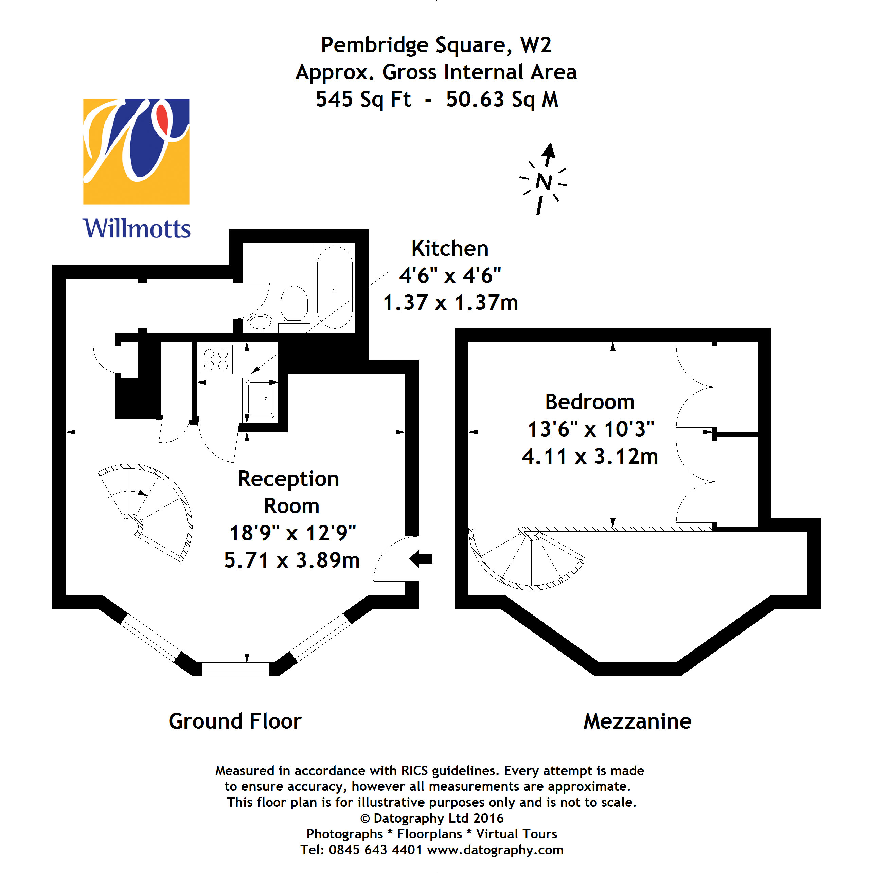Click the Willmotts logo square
point(136,152)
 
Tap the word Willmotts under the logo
point(137,228)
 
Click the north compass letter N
point(544,182)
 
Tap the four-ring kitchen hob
point(216,360)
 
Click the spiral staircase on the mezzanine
point(527,558)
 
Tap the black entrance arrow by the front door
point(421,558)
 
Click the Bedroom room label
point(590,402)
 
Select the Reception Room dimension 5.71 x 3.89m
point(292,560)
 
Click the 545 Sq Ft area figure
point(363,100)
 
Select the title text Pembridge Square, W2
point(436,45)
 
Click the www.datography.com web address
point(495,850)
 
